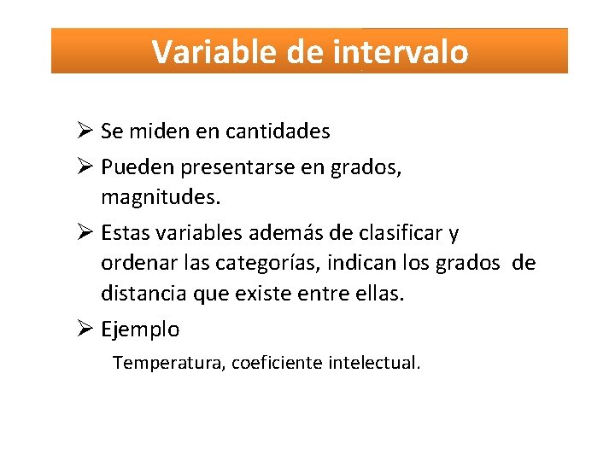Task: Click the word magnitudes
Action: tap(159, 198)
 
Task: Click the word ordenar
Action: tap(134, 263)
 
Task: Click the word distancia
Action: tap(139, 294)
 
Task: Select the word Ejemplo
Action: tap(140, 330)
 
